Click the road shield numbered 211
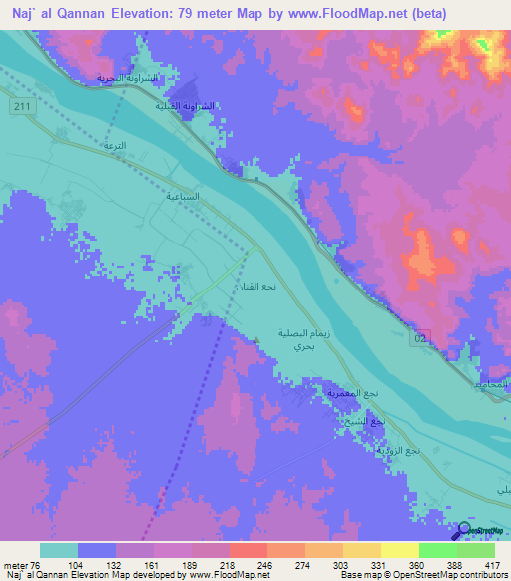tap(22, 106)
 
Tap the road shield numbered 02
tap(423, 339)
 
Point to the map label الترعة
tap(114, 146)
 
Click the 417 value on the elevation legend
tap(493, 566)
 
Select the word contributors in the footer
tap(483, 575)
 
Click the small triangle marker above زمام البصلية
tap(256, 339)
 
